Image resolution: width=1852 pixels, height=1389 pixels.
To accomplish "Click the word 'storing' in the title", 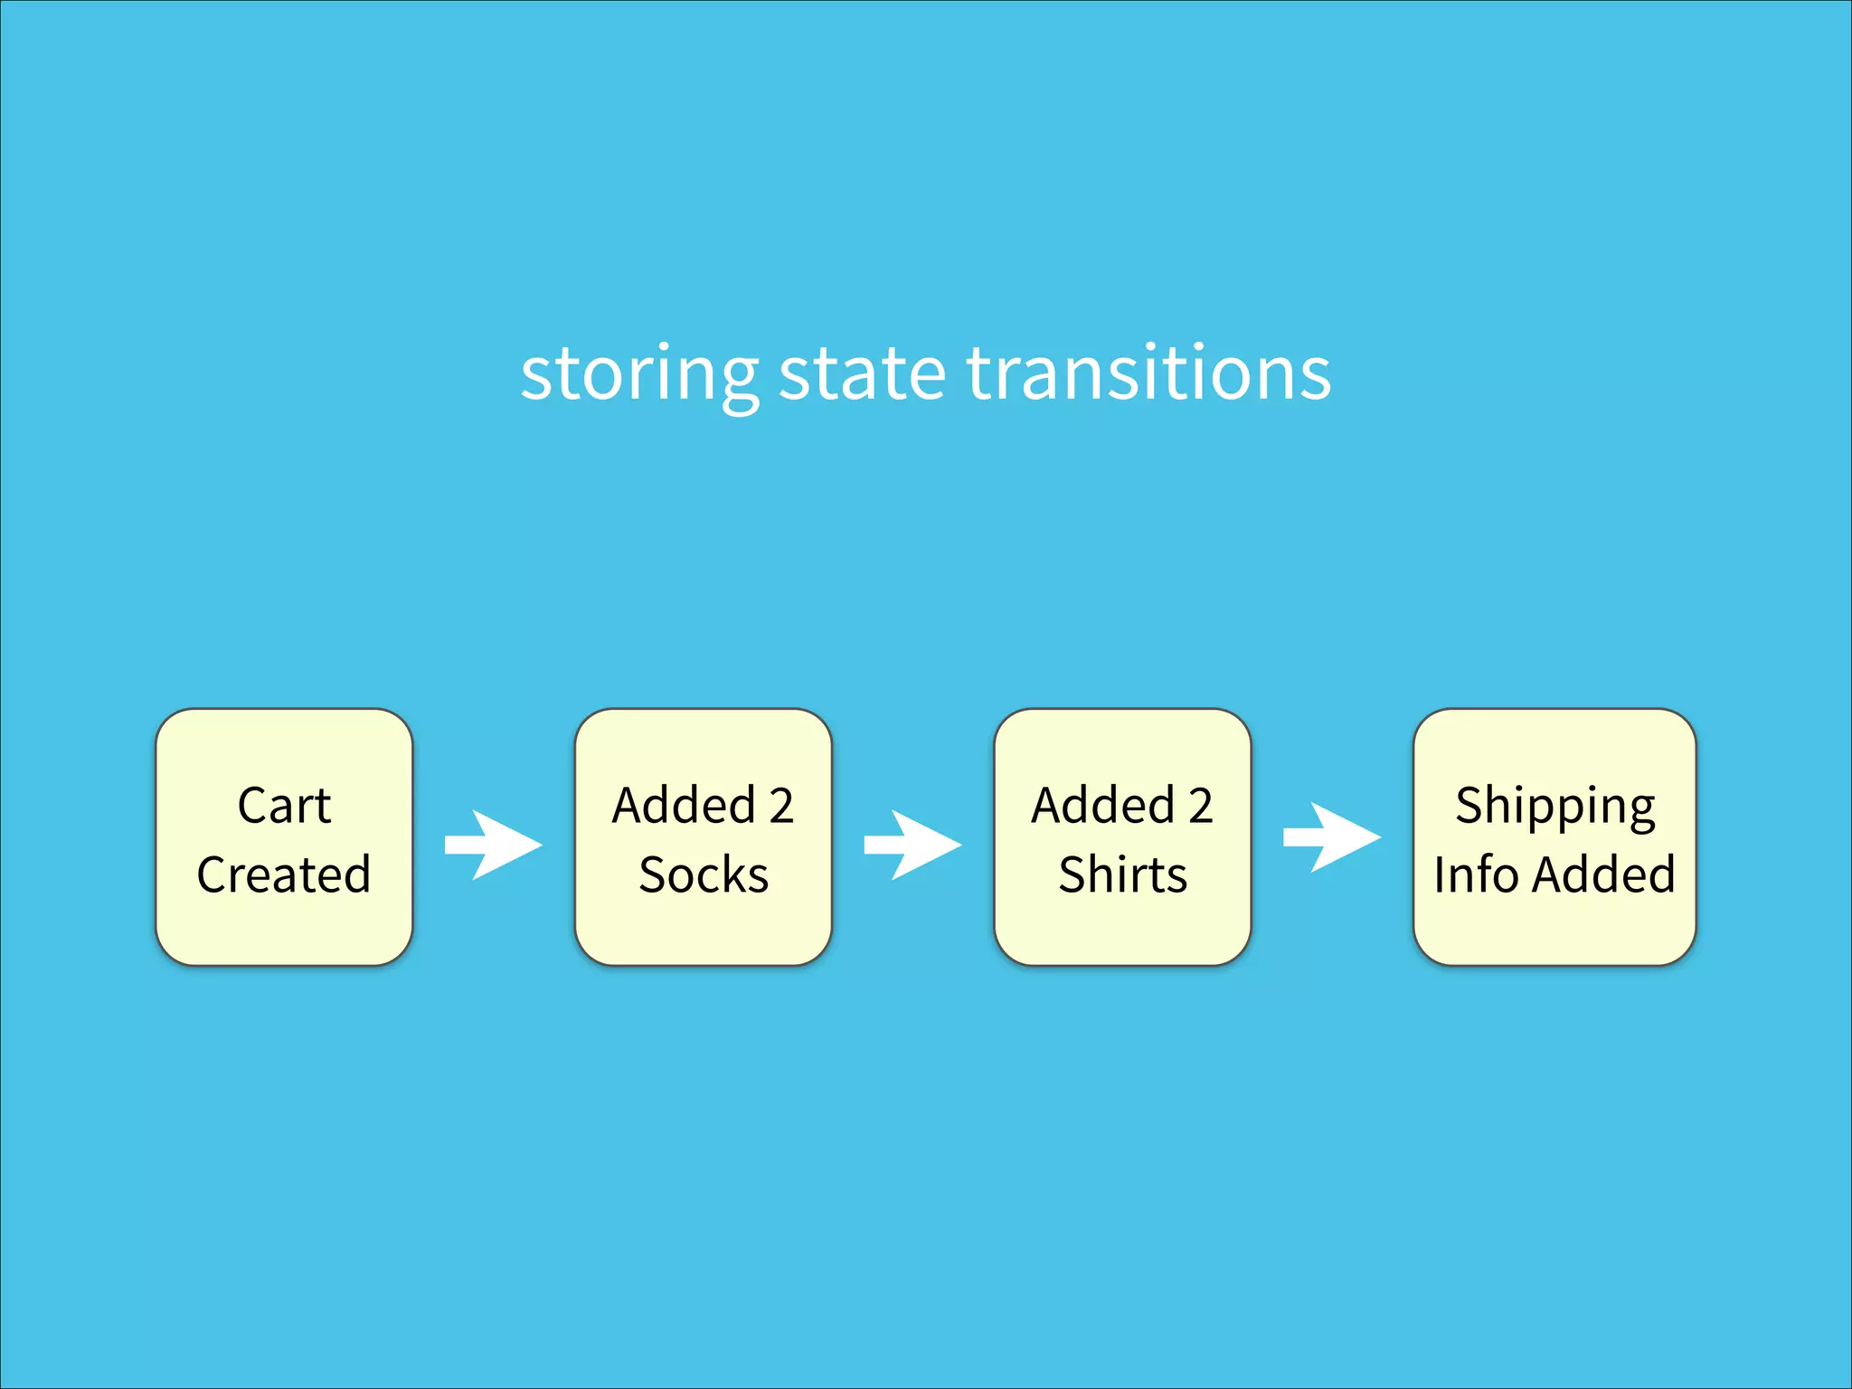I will point(638,374).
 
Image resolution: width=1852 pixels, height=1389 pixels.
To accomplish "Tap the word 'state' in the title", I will point(862,374).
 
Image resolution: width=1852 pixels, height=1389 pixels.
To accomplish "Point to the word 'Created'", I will point(284,874).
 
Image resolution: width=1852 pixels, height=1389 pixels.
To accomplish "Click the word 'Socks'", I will point(704,874).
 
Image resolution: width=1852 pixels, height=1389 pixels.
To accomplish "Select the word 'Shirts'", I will point(1122,874).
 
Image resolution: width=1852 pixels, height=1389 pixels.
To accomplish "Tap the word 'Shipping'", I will point(1554,808).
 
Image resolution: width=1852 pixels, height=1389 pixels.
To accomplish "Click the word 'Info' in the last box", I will point(1476,874).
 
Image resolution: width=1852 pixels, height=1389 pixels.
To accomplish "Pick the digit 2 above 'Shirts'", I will point(1200,806).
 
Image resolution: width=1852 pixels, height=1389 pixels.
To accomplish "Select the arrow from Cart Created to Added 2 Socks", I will point(494,845).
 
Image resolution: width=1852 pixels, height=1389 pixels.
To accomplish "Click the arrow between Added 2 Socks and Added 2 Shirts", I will point(912,845).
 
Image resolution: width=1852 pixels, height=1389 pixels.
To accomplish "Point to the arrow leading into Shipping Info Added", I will point(1332,837).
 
